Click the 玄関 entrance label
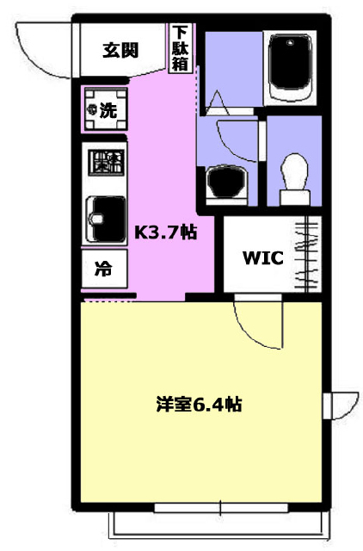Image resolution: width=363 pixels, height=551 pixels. tap(120, 50)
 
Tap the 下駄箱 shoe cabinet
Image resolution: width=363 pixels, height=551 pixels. tap(181, 48)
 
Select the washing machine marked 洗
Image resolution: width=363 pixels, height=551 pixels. tap(106, 109)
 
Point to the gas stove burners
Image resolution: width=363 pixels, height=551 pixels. tap(106, 163)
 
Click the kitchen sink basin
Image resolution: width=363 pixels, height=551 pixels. tap(106, 219)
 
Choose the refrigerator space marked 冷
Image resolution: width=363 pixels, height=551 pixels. tap(104, 269)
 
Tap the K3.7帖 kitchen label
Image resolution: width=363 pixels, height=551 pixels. tap(166, 232)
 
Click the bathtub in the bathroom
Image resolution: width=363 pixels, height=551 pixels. tap(290, 67)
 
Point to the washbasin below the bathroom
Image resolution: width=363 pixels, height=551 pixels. tap(226, 183)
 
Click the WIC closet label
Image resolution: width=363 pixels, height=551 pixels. tap(263, 257)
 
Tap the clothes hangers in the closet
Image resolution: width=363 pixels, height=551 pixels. tap(307, 255)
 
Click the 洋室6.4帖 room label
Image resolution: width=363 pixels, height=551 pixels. tap(199, 405)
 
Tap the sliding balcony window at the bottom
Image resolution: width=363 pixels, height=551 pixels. tap(221, 507)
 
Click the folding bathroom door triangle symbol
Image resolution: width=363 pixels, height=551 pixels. tap(218, 102)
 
